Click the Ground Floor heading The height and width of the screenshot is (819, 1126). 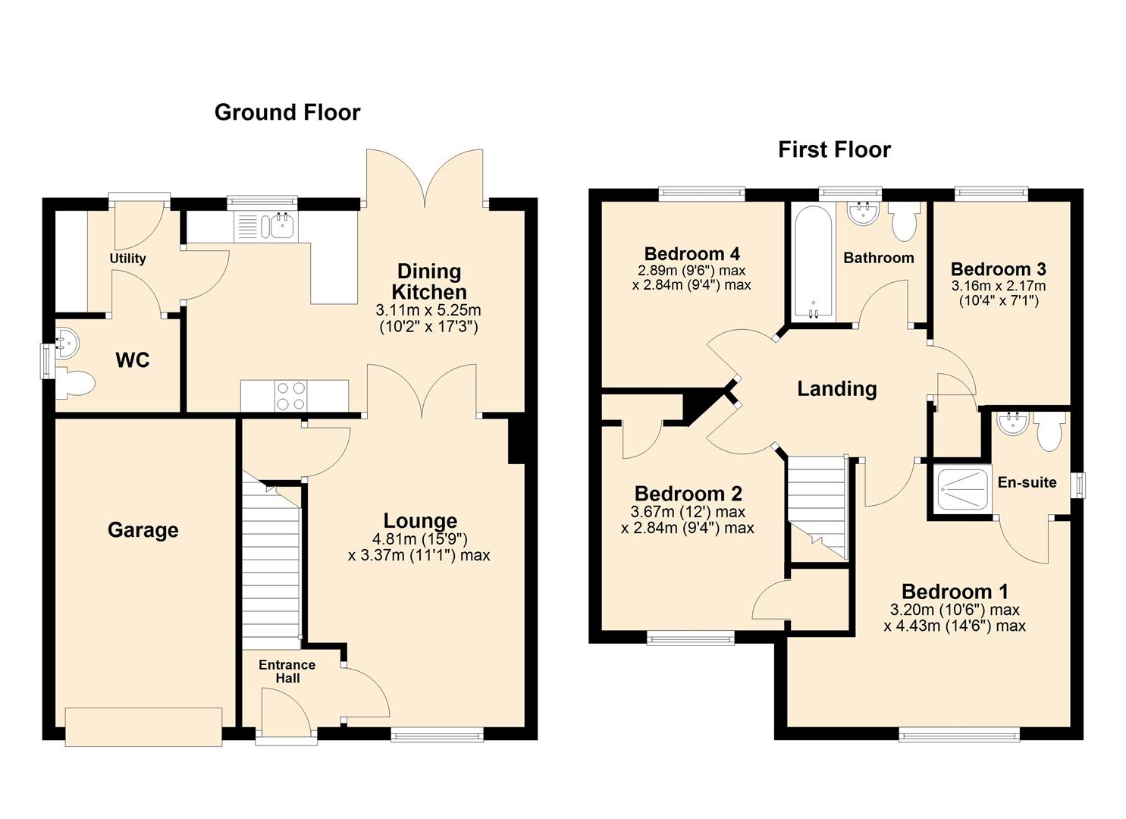coord(287,113)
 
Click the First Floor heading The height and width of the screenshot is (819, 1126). coord(834,150)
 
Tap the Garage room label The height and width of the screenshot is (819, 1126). coord(143,530)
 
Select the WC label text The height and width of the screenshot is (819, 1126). coord(133,360)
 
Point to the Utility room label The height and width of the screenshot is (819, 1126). coord(127,259)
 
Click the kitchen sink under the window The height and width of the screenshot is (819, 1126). coord(266,226)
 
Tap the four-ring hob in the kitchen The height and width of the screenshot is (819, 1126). coord(292,396)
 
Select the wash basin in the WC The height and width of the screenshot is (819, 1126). coord(67,343)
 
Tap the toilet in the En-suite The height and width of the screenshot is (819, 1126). coord(1049,432)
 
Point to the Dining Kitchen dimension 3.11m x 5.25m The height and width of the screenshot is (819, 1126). coord(428,310)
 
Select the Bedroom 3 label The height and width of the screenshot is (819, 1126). coord(999,269)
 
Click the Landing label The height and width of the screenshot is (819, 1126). coord(837,389)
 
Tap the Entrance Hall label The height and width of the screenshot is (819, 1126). coord(287,672)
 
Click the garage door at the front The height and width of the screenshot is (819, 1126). coord(143,727)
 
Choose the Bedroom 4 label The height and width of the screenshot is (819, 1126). coord(692,253)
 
